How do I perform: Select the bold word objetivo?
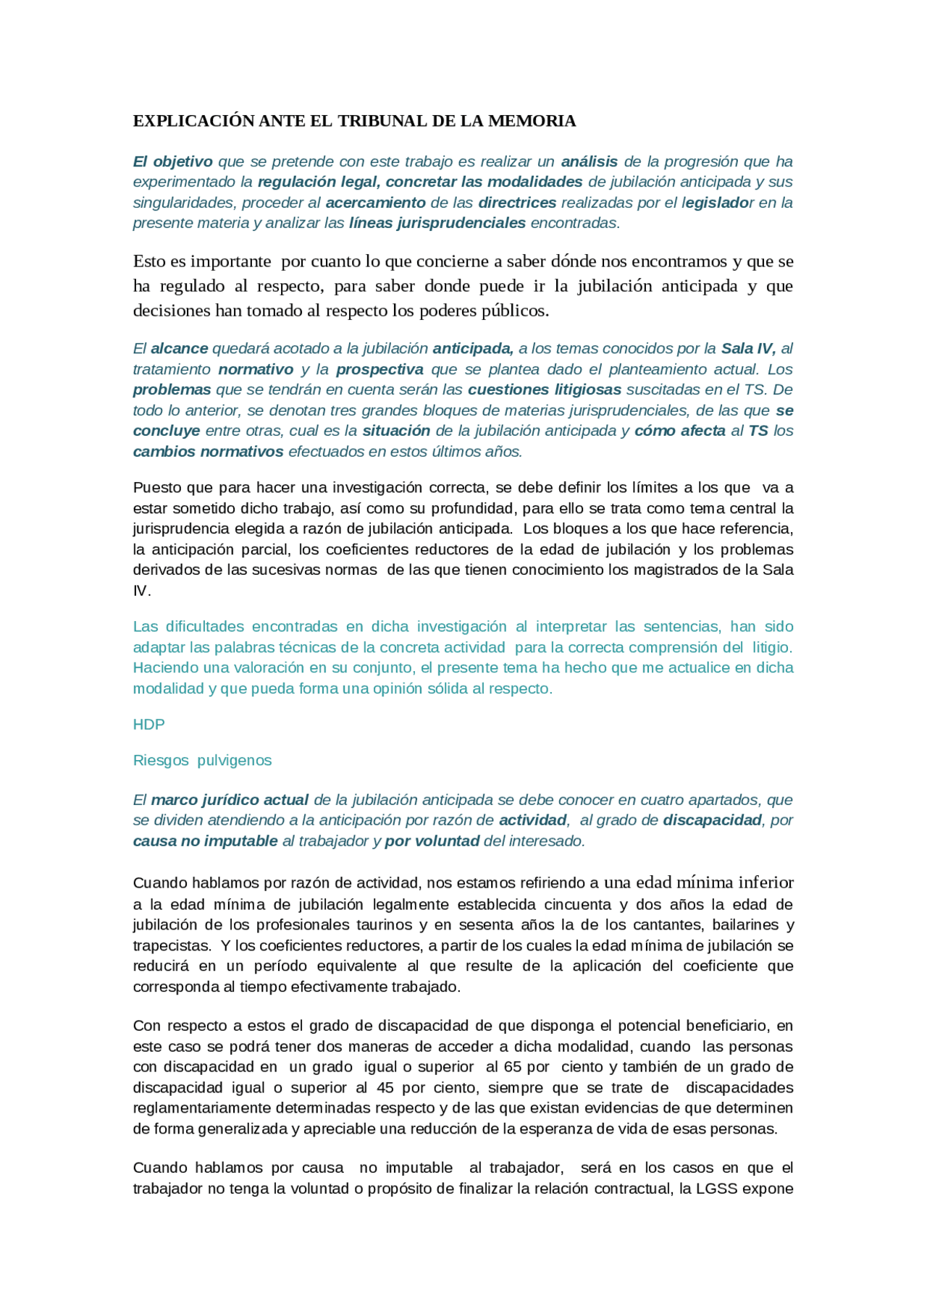pyautogui.click(x=183, y=161)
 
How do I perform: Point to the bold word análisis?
pyautogui.click(x=590, y=161)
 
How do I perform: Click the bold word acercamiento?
pyautogui.click(x=375, y=203)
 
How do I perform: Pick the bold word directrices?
pyautogui.click(x=517, y=203)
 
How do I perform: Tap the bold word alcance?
pyautogui.click(x=179, y=349)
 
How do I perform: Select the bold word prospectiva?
pyautogui.click(x=379, y=369)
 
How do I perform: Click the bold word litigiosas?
pyautogui.click(x=587, y=389)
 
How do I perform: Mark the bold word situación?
pyautogui.click(x=396, y=431)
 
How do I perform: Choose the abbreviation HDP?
pyautogui.click(x=148, y=725)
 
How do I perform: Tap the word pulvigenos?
pyautogui.click(x=234, y=761)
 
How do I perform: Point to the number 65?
pyautogui.click(x=513, y=1067)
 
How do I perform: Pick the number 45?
pyautogui.click(x=385, y=1088)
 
